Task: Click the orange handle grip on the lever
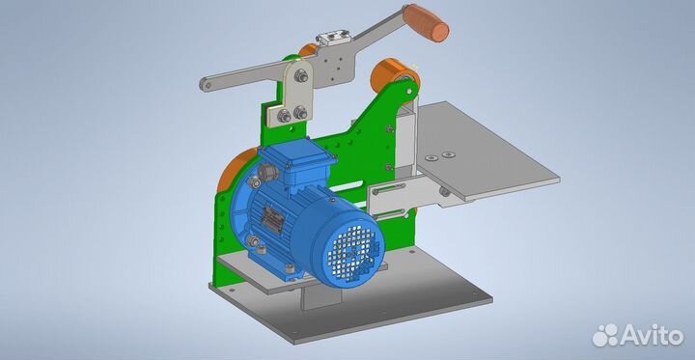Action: pyautogui.click(x=426, y=22)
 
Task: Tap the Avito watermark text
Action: pyautogui.click(x=638, y=335)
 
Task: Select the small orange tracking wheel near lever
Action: pyautogui.click(x=308, y=49)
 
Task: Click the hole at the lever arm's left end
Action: pyautogui.click(x=205, y=84)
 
